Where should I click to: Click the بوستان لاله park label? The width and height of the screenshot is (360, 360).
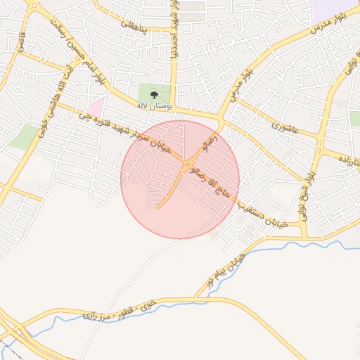click(x=153, y=105)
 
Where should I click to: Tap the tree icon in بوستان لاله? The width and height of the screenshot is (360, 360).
click(x=154, y=94)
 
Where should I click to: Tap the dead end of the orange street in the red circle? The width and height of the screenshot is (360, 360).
click(x=159, y=207)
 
